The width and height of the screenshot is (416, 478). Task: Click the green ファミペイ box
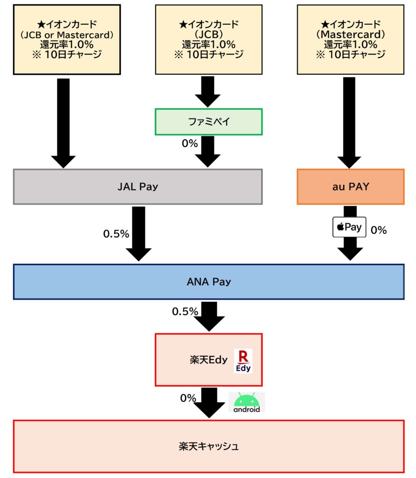coord(208,122)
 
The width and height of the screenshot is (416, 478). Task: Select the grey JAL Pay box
coord(137,187)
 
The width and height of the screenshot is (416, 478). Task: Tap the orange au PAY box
coord(350,187)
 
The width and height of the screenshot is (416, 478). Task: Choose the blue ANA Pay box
coord(208,281)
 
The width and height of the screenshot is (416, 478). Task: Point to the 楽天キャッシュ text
coord(208,446)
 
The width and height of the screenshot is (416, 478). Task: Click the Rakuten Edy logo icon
coord(243,361)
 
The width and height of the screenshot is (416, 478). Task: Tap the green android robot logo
coord(247,402)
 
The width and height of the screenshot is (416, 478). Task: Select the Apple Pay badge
coord(349,227)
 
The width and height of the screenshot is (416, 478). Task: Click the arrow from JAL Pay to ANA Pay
coord(139,233)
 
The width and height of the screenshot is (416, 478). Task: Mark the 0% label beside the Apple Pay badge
coord(379,230)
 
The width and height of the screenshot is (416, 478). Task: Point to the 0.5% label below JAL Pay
coord(116,234)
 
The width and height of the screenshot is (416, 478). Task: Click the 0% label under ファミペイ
coord(189,144)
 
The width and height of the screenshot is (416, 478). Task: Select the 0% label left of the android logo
coord(188,398)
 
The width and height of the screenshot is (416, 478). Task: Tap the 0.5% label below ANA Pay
coord(185,311)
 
